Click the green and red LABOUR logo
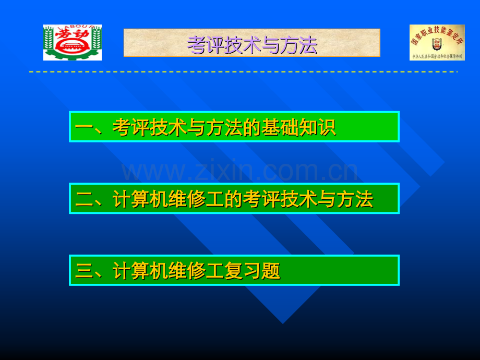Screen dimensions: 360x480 pyautogui.click(x=72, y=42)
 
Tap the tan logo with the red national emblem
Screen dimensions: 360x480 pyautogui.click(x=437, y=42)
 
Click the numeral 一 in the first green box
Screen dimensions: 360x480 pyautogui.click(x=84, y=128)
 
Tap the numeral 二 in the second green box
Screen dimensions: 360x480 pyautogui.click(x=84, y=199)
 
